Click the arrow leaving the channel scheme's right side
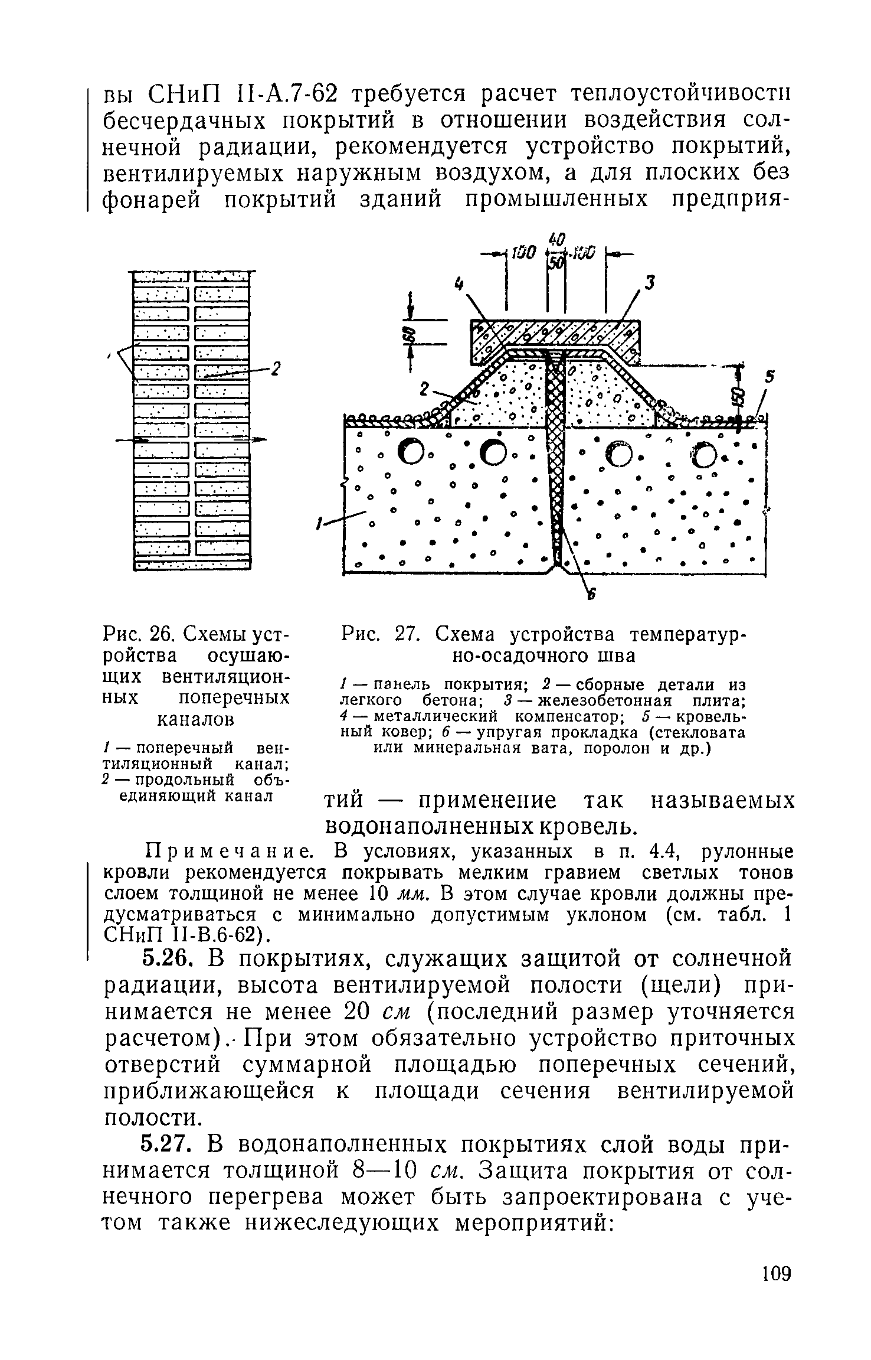coord(257,439)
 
